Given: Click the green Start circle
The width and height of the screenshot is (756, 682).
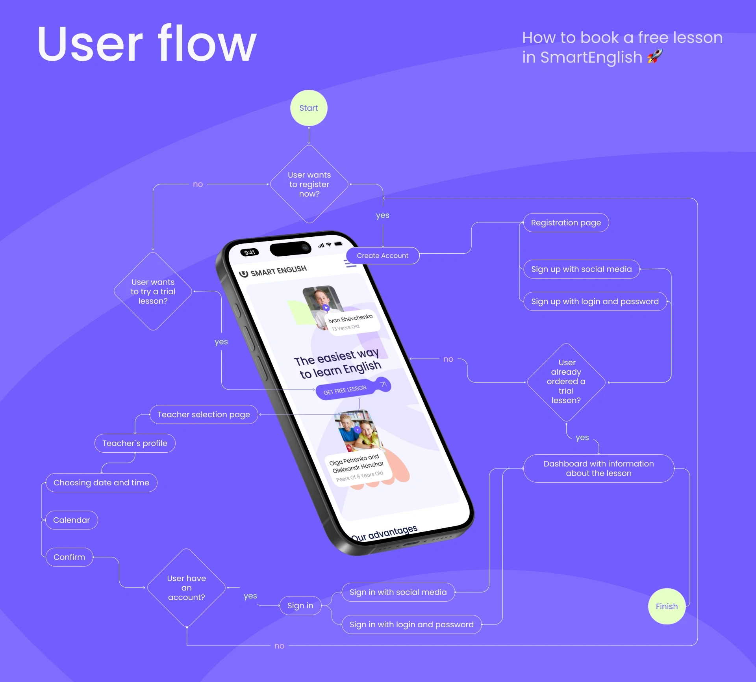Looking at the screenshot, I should (x=309, y=108).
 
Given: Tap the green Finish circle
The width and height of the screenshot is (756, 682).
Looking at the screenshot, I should (x=667, y=606).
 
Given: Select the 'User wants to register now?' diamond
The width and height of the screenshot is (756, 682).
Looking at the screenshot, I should (x=309, y=184).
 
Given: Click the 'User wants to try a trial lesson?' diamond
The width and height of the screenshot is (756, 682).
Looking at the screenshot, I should (x=153, y=292).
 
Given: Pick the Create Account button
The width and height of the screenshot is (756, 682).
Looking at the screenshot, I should (x=382, y=256).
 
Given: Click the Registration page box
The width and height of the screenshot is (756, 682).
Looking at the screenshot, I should (x=566, y=223).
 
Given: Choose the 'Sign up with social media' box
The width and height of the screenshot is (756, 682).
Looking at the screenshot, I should (x=581, y=269).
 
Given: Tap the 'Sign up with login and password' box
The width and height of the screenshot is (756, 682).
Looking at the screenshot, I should (x=595, y=301).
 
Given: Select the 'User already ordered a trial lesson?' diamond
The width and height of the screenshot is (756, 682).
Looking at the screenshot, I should (x=566, y=381).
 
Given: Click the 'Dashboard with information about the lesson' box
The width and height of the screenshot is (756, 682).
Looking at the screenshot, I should (x=598, y=468).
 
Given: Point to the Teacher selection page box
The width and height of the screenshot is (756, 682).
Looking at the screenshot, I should (x=204, y=414).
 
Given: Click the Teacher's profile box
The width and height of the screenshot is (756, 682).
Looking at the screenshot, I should (x=135, y=443).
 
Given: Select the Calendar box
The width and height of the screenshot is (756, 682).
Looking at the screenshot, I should (x=71, y=520).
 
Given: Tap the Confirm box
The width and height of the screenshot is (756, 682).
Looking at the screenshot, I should (x=69, y=557).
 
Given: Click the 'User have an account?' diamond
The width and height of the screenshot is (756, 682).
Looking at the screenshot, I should (x=186, y=588).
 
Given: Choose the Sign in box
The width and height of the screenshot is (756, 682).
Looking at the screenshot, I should (x=300, y=606).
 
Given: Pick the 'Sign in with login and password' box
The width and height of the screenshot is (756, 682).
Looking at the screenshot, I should (x=411, y=624).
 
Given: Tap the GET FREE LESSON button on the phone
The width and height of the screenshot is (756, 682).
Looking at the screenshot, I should (x=345, y=390).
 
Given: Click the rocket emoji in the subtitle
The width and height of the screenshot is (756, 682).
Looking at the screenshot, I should (x=655, y=56).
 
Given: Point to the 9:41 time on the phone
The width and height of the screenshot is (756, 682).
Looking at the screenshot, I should (x=250, y=252).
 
